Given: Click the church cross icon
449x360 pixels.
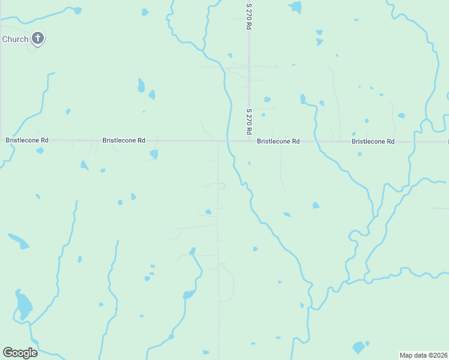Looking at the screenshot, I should [x=38, y=39].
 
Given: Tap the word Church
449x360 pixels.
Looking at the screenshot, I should [x=15, y=39].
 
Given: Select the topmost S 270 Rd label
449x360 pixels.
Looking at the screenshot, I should [x=249, y=16].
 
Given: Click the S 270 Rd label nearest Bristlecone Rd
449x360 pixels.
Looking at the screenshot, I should [x=249, y=121].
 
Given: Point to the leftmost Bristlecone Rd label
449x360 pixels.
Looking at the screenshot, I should [x=27, y=140].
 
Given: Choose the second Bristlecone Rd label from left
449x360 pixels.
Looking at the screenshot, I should [x=124, y=140].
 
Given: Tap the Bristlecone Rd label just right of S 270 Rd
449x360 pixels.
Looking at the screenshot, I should [x=278, y=142].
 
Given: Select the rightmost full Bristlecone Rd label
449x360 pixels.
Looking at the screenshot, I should [x=373, y=142].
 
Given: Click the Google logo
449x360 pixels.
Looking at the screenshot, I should [x=20, y=353].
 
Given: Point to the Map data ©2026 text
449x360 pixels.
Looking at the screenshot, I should [x=423, y=355].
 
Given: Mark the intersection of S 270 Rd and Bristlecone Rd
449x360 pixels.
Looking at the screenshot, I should [x=249, y=142].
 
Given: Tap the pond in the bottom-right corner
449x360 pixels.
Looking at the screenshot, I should [x=358, y=347].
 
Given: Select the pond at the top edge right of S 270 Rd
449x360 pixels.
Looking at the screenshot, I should [x=295, y=7].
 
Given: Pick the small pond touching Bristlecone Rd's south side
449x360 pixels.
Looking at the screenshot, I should [x=154, y=154].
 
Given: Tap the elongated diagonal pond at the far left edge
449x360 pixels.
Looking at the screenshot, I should [x=18, y=241].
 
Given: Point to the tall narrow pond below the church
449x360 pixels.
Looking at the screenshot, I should [x=141, y=85].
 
